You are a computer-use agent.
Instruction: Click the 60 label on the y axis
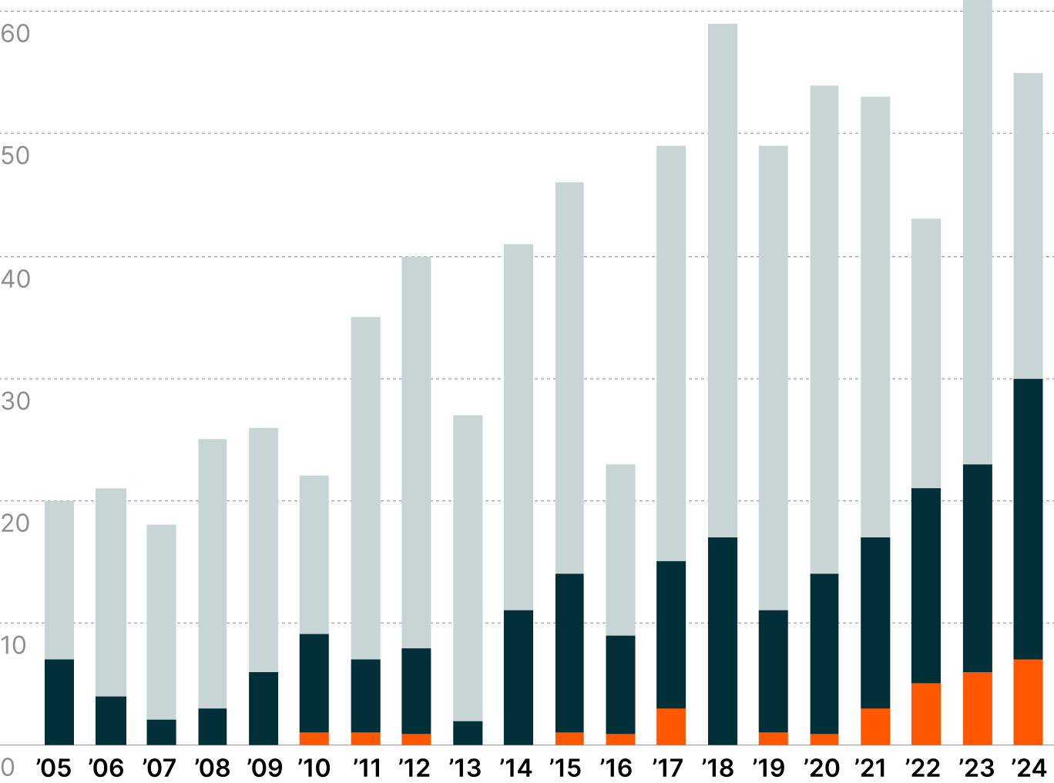[15, 33]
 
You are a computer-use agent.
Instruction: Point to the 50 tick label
[15, 156]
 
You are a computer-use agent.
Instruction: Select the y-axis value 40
[15, 278]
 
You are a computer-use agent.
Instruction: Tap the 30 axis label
[15, 400]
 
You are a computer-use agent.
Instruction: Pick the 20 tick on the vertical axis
[15, 523]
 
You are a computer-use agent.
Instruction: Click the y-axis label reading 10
[14, 645]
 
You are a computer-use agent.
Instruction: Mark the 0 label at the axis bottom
[8, 767]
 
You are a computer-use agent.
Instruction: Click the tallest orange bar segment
[1028, 702]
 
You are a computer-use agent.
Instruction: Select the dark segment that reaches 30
[1028, 519]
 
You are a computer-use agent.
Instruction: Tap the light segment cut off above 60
[977, 231]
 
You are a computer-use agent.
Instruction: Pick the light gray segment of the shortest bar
[161, 622]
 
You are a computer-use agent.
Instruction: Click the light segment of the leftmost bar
[59, 580]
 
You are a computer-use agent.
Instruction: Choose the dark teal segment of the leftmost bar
[59, 702]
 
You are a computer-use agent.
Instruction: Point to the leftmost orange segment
[314, 738]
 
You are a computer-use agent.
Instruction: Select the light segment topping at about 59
[723, 280]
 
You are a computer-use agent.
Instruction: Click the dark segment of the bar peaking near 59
[723, 641]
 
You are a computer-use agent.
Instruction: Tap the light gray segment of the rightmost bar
[1028, 226]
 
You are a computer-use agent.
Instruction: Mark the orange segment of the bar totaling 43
[925, 714]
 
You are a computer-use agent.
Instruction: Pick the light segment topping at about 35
[365, 487]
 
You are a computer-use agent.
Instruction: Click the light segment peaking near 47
[569, 377]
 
